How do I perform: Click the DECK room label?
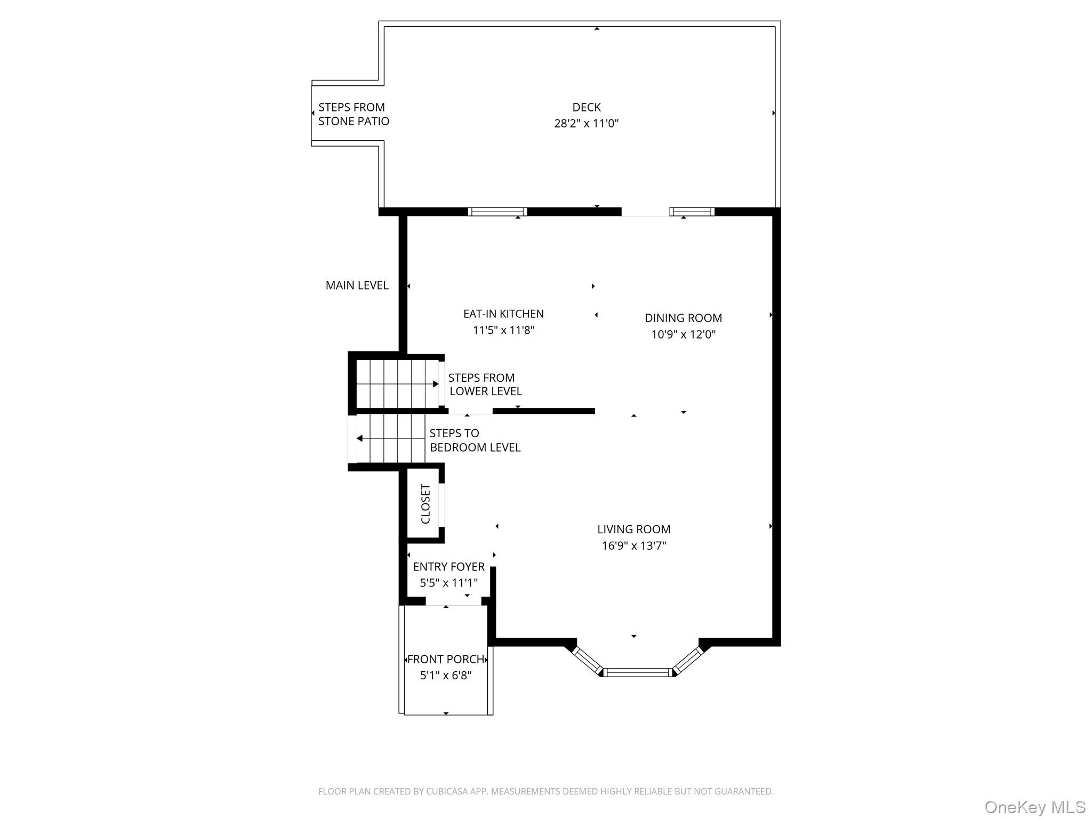point(587,107)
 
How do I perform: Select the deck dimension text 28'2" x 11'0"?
point(587,124)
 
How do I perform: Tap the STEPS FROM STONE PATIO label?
point(354,114)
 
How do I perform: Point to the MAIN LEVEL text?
point(357,285)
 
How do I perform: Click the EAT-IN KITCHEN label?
point(503,314)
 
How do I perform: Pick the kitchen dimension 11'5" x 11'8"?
point(503,330)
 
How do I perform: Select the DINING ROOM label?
point(683,318)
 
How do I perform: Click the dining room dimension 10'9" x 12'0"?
point(683,334)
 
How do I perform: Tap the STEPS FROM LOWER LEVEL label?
point(484,384)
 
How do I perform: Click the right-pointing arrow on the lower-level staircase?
point(435,384)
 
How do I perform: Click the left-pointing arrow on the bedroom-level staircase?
point(360,438)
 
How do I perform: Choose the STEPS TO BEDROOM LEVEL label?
point(475,440)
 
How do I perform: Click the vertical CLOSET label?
point(425,504)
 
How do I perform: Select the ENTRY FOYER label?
point(448,567)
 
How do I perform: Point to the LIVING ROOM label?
point(633,529)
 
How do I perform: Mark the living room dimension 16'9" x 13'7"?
point(633,545)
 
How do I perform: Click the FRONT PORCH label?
point(446,660)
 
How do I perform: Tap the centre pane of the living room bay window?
point(638,672)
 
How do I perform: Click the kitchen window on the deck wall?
point(497,212)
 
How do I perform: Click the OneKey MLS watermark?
point(1034,807)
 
